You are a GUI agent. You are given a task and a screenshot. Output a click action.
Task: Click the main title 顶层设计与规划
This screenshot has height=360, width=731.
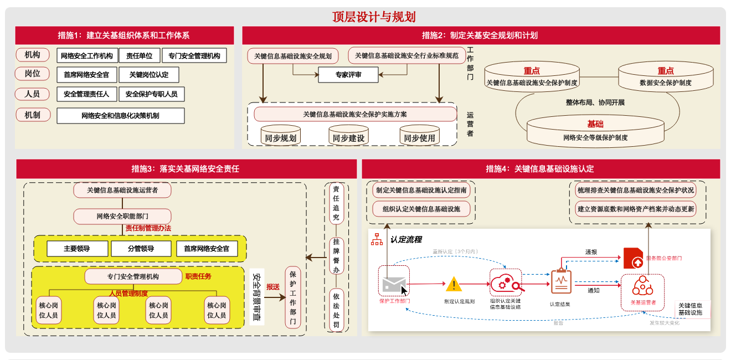pos(365,17)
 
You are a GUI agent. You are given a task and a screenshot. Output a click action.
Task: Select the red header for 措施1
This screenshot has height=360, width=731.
pos(124,35)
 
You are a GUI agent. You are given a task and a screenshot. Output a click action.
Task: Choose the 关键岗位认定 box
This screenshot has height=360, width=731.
pos(149,75)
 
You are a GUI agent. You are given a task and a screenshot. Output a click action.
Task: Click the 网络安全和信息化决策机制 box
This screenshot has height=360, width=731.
pos(120,116)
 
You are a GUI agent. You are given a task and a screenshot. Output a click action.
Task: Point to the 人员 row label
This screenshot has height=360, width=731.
pos(32,94)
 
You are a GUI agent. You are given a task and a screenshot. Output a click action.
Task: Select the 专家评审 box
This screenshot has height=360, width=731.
pos(348,75)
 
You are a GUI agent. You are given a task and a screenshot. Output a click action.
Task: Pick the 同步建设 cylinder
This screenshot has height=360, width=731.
pos(348,137)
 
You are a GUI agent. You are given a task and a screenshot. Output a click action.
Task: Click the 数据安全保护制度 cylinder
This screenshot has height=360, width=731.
pos(665,78)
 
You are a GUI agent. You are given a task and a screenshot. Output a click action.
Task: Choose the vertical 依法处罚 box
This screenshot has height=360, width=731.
pos(336,311)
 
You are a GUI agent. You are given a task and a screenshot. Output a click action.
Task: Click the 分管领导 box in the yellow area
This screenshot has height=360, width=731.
pos(141,249)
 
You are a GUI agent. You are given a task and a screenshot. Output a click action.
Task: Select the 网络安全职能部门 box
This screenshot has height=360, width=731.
pos(122,215)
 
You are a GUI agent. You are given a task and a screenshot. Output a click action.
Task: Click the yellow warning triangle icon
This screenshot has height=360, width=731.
pos(454,285)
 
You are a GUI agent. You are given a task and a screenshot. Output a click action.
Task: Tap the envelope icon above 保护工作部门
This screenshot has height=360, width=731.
pos(394,284)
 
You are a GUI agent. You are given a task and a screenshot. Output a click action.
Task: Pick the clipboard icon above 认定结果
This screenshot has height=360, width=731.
pos(560,282)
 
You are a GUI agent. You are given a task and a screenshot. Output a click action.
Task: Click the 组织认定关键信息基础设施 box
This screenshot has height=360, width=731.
pos(422,209)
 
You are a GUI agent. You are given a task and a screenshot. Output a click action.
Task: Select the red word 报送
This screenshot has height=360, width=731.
pos(273,287)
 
